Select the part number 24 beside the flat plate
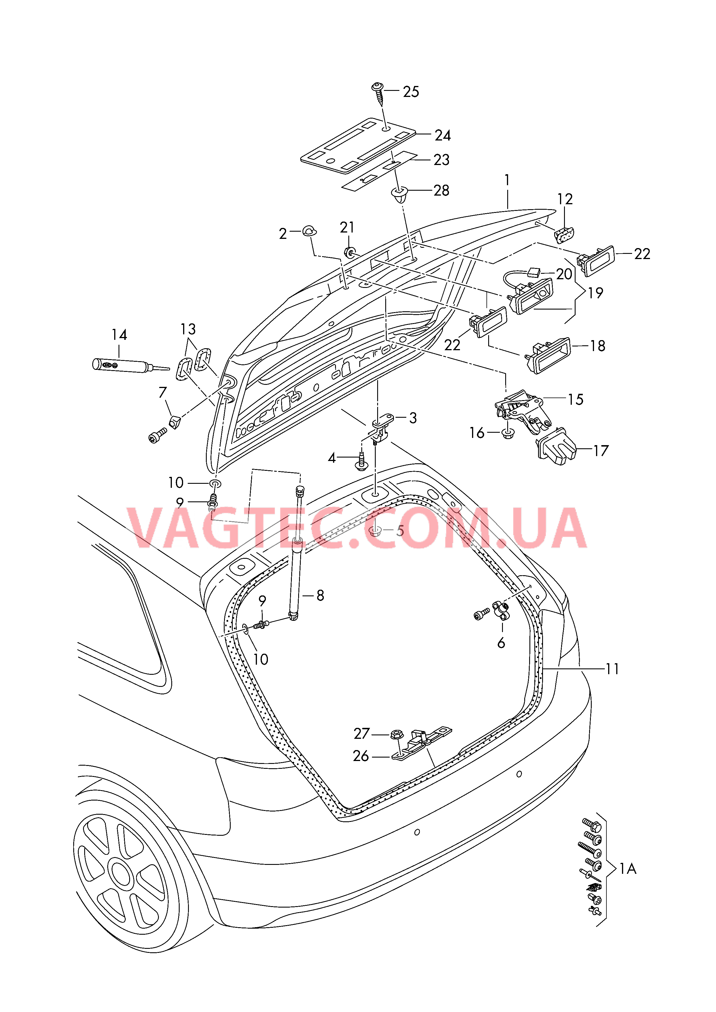(443, 135)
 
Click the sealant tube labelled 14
(131, 366)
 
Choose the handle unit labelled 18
(547, 355)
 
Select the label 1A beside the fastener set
(628, 869)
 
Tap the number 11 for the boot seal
(612, 669)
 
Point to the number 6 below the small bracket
(501, 643)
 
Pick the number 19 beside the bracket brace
(595, 293)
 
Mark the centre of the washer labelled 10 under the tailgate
(215, 484)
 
